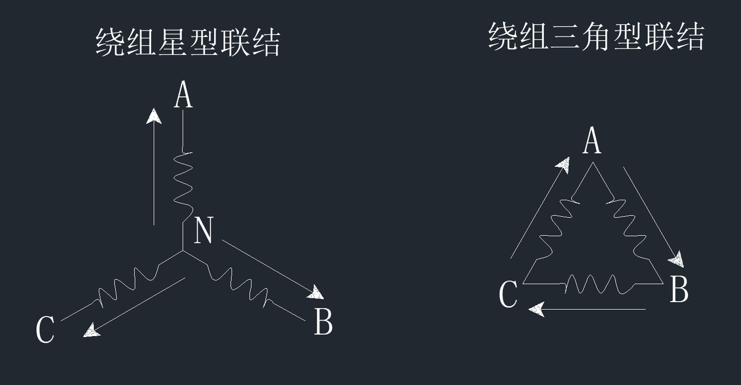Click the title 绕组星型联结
(188, 42)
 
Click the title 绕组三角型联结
(595, 37)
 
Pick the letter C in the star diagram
(45, 329)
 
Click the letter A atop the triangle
(592, 141)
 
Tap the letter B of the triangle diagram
(679, 289)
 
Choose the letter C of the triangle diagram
(508, 295)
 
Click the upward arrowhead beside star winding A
(153, 116)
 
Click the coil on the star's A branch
(184, 183)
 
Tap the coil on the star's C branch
(126, 287)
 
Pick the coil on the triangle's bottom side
(592, 284)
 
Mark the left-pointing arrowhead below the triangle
(537, 309)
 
